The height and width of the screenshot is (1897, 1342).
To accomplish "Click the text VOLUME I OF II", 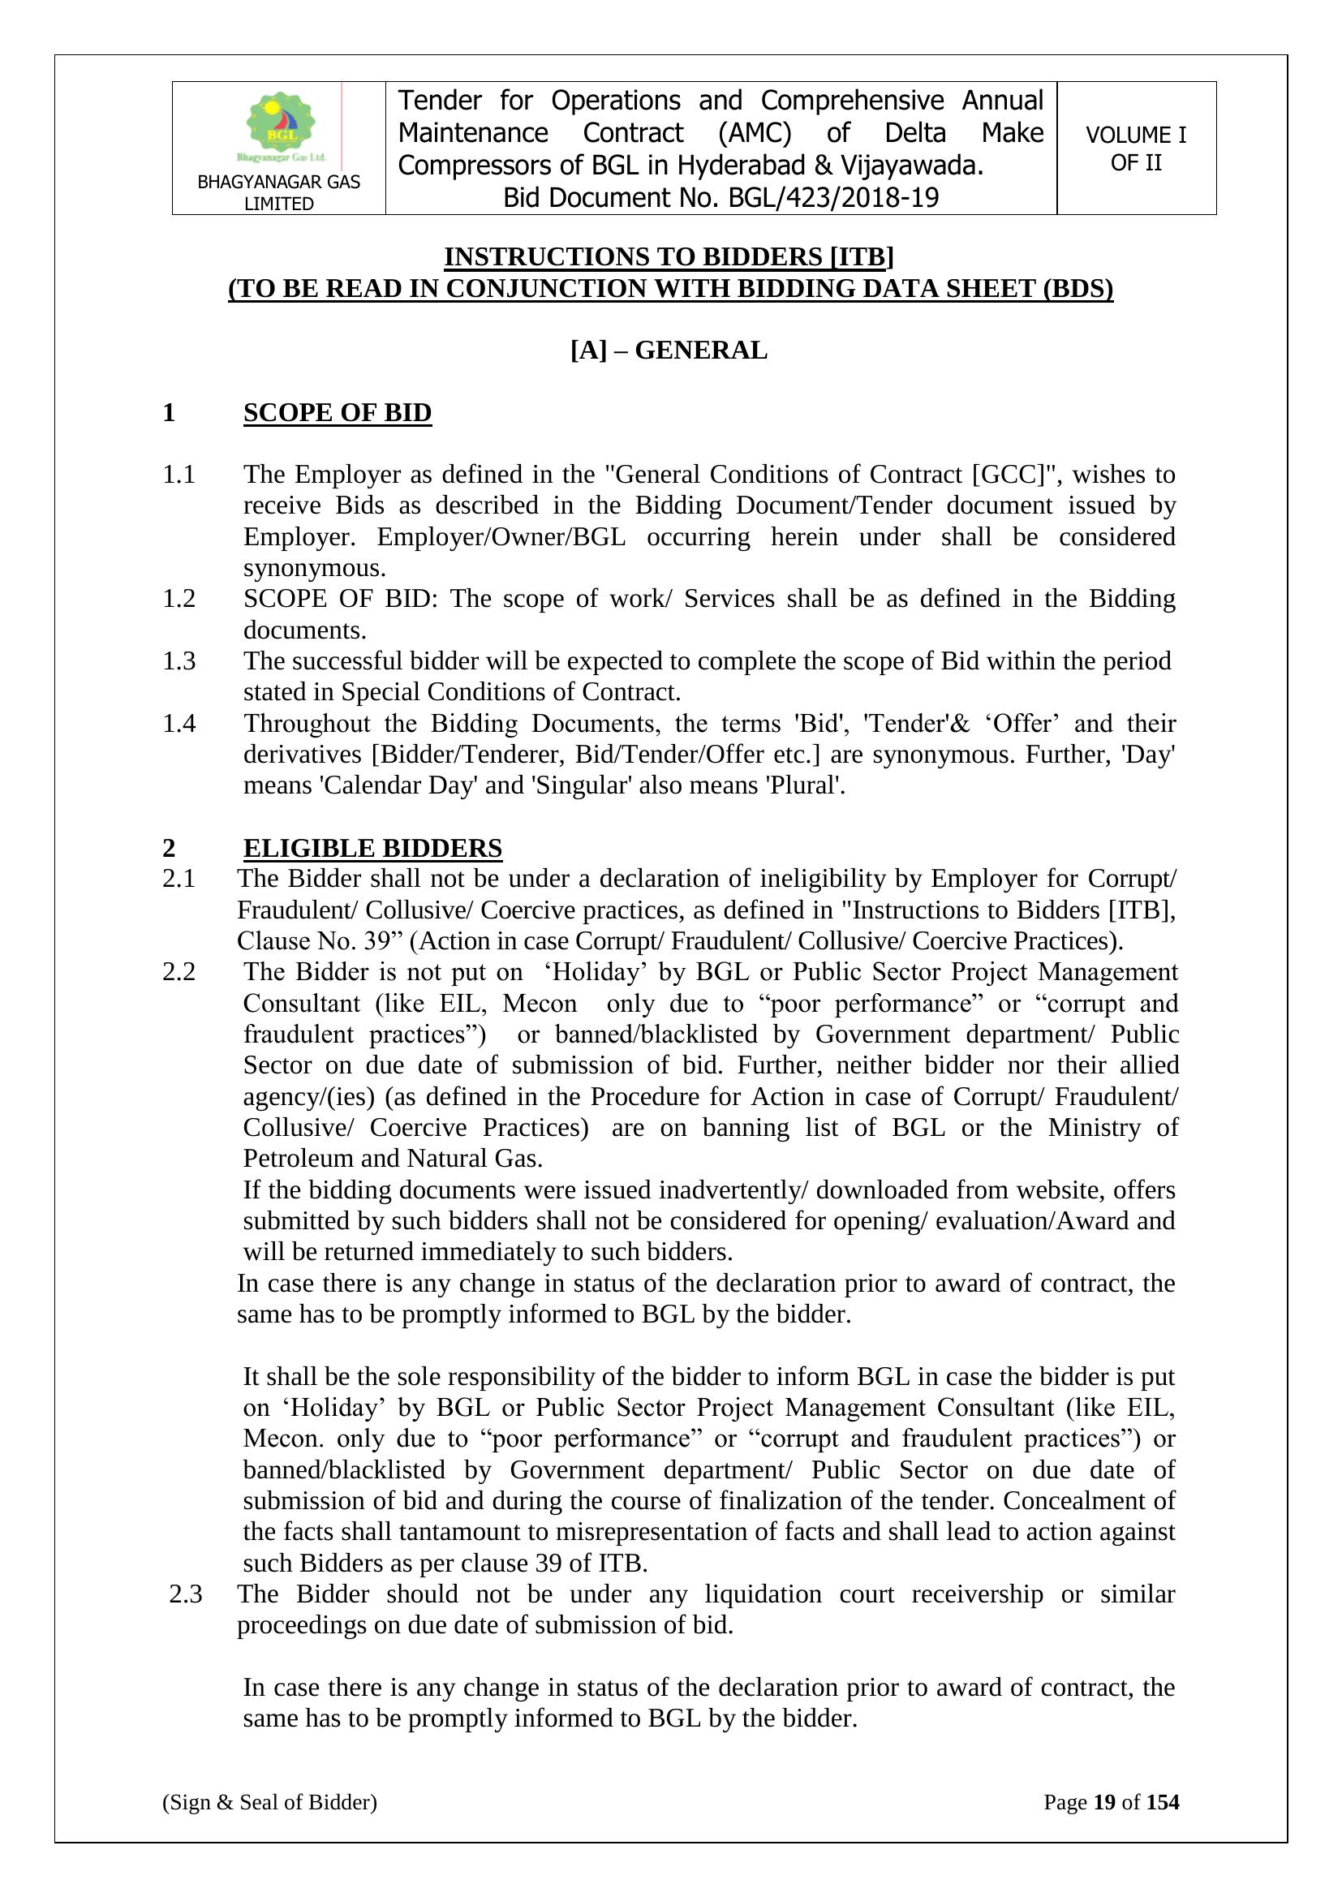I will [x=1135, y=148].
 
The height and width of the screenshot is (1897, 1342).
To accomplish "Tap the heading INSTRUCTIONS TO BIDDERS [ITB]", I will [x=669, y=257].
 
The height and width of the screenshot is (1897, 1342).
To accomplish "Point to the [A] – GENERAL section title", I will [x=669, y=351].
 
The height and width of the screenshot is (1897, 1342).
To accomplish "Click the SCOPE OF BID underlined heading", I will [x=338, y=412].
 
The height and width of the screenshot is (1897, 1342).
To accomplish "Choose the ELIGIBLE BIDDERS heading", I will [x=372, y=848].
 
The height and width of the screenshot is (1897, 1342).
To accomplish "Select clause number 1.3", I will [x=179, y=661].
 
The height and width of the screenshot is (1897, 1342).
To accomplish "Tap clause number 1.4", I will [x=179, y=724].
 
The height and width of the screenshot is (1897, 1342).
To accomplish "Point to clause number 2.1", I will [x=179, y=878].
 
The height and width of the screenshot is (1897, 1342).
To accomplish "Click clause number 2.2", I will [x=179, y=972].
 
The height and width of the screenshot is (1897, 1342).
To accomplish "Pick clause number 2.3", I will [x=185, y=1594].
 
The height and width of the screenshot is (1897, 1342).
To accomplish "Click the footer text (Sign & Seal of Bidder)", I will [x=269, y=1802].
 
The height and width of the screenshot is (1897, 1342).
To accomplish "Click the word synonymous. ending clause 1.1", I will [x=314, y=569].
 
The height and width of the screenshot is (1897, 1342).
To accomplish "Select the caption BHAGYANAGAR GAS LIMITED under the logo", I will [x=278, y=192].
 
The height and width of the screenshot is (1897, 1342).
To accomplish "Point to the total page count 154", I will [x=1163, y=1802].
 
